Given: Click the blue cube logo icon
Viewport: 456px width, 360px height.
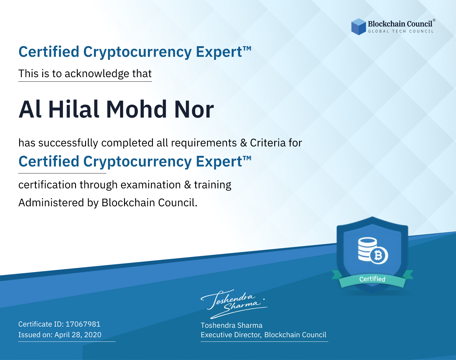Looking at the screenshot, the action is (358, 27).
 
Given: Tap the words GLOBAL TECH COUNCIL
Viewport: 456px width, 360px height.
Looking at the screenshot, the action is (401, 31).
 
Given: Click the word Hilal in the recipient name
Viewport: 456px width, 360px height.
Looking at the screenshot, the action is (74, 109).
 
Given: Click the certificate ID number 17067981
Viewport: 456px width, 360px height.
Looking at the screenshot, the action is (83, 324).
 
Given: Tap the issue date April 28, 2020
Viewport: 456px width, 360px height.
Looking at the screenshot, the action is (78, 334).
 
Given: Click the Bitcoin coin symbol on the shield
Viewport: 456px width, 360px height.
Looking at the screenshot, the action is (379, 255).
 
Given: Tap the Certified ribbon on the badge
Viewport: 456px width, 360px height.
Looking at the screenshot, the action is (372, 279).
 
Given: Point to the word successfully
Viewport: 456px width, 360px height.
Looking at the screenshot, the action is (68, 143).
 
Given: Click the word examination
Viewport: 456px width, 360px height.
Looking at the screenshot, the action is (151, 185).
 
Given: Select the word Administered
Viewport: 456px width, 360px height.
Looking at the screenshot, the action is (51, 202).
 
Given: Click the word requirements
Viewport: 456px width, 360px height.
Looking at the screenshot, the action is (204, 143).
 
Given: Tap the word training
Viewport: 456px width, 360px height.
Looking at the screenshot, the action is (213, 185).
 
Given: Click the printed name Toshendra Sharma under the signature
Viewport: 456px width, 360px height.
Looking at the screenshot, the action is (231, 325).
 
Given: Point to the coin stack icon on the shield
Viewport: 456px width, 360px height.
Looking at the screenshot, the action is (368, 249).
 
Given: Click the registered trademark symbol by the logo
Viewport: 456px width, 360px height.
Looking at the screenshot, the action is (434, 20).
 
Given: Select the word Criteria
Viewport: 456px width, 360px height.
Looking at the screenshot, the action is (268, 143).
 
